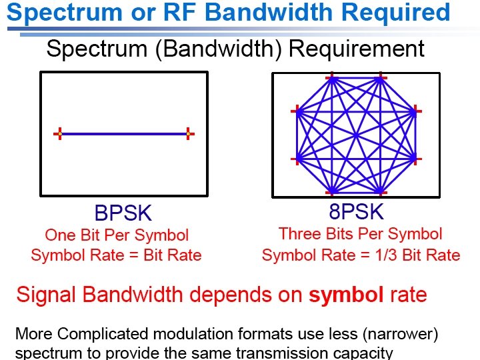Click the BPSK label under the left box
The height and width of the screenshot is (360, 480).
point(123,213)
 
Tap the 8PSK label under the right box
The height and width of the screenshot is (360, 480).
point(356,211)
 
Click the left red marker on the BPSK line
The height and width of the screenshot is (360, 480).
point(59,134)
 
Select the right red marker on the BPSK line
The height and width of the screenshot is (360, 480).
point(189,134)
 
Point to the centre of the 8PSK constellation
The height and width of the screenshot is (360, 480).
point(356,135)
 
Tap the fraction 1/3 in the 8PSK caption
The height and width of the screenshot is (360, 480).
point(387,255)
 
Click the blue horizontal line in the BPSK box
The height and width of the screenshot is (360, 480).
point(124,134)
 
